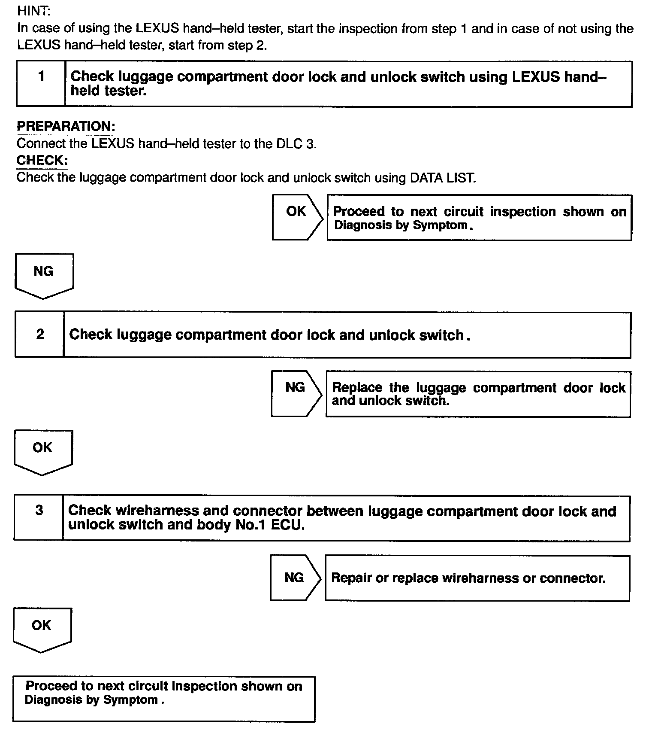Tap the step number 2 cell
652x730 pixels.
click(40, 335)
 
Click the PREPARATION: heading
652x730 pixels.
click(66, 126)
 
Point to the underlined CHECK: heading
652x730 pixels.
click(42, 161)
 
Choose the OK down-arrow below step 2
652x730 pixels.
click(42, 451)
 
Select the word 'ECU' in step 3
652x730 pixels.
click(287, 525)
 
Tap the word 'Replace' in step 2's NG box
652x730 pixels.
click(357, 387)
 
